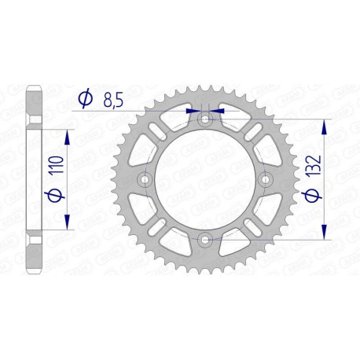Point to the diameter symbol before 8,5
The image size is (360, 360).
86,98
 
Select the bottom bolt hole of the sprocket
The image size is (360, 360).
204,239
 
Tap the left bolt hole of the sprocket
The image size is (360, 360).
145,180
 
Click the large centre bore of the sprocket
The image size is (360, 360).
204,180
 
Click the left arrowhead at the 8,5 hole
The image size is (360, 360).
192,111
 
